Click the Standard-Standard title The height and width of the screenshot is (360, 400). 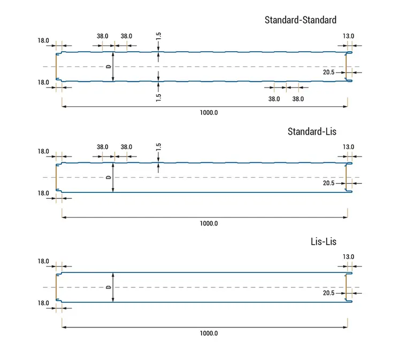[301, 20]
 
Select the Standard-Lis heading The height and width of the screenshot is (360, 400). [312, 131]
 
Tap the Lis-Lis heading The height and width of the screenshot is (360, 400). [323, 241]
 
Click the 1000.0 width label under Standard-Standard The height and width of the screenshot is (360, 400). [209, 113]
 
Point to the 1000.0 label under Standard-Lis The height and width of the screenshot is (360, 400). [209, 224]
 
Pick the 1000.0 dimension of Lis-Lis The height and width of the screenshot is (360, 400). [209, 333]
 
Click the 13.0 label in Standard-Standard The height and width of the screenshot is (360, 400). [349, 36]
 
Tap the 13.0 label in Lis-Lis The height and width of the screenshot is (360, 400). [349, 257]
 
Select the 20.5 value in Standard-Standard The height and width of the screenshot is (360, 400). [329, 72]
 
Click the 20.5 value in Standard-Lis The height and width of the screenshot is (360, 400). [329, 183]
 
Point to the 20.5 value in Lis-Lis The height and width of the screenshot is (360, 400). [329, 293]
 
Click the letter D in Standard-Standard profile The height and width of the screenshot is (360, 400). [109, 67]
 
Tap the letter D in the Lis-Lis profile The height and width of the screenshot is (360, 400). [109, 287]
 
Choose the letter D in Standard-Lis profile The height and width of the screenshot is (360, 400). [109, 177]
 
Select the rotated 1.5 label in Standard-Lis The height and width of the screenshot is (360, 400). [159, 147]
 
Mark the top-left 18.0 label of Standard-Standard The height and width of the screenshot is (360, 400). [43, 41]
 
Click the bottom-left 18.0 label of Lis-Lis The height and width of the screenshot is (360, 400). [43, 303]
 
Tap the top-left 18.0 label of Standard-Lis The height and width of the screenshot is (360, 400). [43, 152]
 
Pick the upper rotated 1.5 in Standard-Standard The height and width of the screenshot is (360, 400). [159, 37]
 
